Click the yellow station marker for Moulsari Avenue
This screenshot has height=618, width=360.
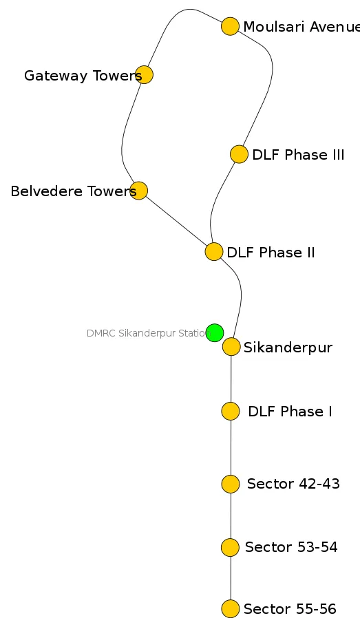point(230,27)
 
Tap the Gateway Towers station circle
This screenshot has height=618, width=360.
point(144,75)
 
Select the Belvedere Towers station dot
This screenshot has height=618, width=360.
point(138,191)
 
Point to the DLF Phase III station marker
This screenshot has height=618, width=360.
point(238,154)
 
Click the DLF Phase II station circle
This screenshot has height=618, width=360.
point(213,252)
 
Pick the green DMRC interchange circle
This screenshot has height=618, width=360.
point(215,332)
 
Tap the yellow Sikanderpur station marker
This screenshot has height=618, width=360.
point(231,347)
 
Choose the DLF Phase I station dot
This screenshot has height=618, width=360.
point(231,411)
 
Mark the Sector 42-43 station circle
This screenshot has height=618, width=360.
point(231,484)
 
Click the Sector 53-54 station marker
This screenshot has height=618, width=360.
point(230,547)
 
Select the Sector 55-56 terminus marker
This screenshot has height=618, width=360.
point(230,609)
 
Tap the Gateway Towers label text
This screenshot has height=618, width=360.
point(83,76)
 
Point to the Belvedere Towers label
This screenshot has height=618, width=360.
point(73,191)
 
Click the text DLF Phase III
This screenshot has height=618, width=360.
point(298,155)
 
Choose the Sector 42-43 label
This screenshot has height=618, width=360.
point(293,484)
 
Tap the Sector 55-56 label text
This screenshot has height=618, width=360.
point(290,609)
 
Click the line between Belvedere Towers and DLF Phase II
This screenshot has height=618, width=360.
point(176,222)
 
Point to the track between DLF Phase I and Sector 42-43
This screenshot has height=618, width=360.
point(231,447)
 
